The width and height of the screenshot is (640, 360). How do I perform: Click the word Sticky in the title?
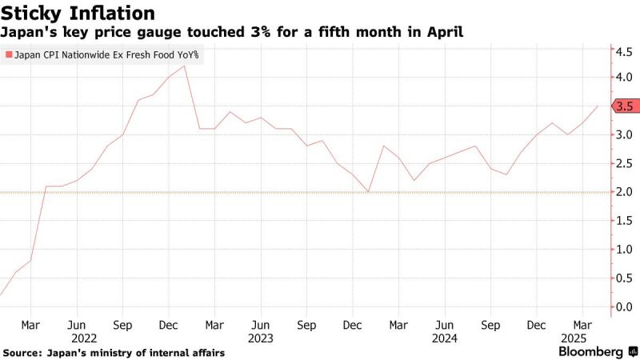pos(31,14)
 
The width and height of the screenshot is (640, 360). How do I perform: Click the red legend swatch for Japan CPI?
pos(9,55)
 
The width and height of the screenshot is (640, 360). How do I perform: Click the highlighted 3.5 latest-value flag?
pos(625,106)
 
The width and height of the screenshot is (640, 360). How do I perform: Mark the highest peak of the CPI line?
pos(185,66)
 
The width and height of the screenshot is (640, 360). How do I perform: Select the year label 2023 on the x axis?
pos(261,338)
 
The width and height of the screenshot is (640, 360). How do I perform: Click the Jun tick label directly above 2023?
pos(261,326)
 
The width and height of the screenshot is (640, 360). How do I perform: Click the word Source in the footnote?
pos(22,352)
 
